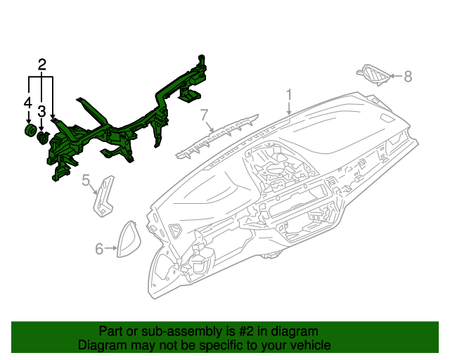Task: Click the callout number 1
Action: click(x=288, y=95)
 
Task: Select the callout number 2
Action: click(x=41, y=65)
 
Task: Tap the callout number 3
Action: click(x=41, y=111)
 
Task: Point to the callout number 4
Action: click(x=27, y=103)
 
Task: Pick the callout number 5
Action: click(x=86, y=181)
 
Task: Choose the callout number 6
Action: click(x=99, y=248)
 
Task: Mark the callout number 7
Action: click(x=205, y=114)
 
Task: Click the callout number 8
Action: click(x=407, y=76)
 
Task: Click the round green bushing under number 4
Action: click(x=30, y=132)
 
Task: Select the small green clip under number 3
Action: click(x=43, y=137)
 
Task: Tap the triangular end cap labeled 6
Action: click(x=131, y=238)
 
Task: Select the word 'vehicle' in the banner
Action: click(x=310, y=345)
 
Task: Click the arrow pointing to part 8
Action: click(x=394, y=76)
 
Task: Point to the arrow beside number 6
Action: click(x=112, y=248)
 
